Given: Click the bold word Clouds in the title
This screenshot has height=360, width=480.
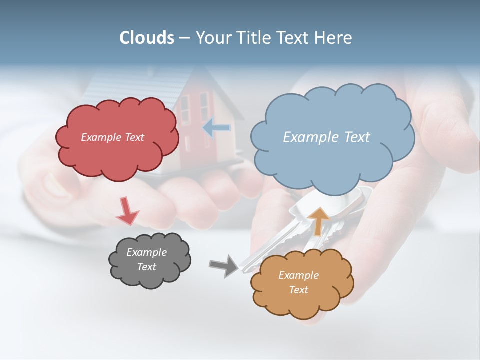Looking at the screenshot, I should [x=147, y=38].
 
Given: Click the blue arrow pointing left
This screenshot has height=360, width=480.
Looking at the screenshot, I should [x=216, y=128].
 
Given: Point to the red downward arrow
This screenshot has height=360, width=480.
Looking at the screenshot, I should [x=127, y=211].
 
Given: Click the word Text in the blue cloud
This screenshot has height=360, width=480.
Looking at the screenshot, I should [x=357, y=137].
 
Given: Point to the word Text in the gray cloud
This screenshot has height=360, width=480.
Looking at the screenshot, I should [x=147, y=267].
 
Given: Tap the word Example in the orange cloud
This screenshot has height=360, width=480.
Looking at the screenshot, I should [x=298, y=275].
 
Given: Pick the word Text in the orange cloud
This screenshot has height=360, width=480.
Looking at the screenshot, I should [x=298, y=290].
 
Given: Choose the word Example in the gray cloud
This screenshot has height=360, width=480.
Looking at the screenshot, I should [x=146, y=252].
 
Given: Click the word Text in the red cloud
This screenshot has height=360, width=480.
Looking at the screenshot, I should [x=133, y=137].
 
